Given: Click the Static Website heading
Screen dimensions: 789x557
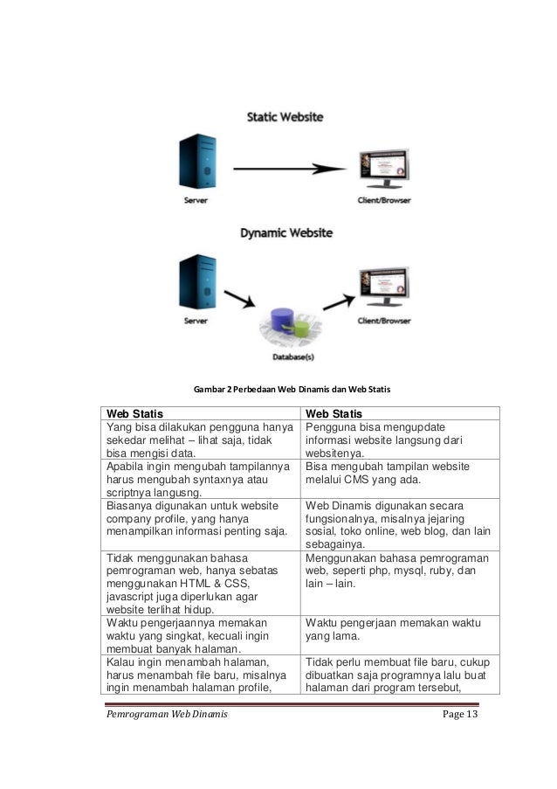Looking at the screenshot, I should (285, 115).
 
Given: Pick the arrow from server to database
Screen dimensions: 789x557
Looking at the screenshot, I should (238, 301).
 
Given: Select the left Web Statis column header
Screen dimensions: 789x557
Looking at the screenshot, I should (134, 413).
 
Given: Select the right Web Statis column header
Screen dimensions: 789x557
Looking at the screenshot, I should (334, 413).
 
